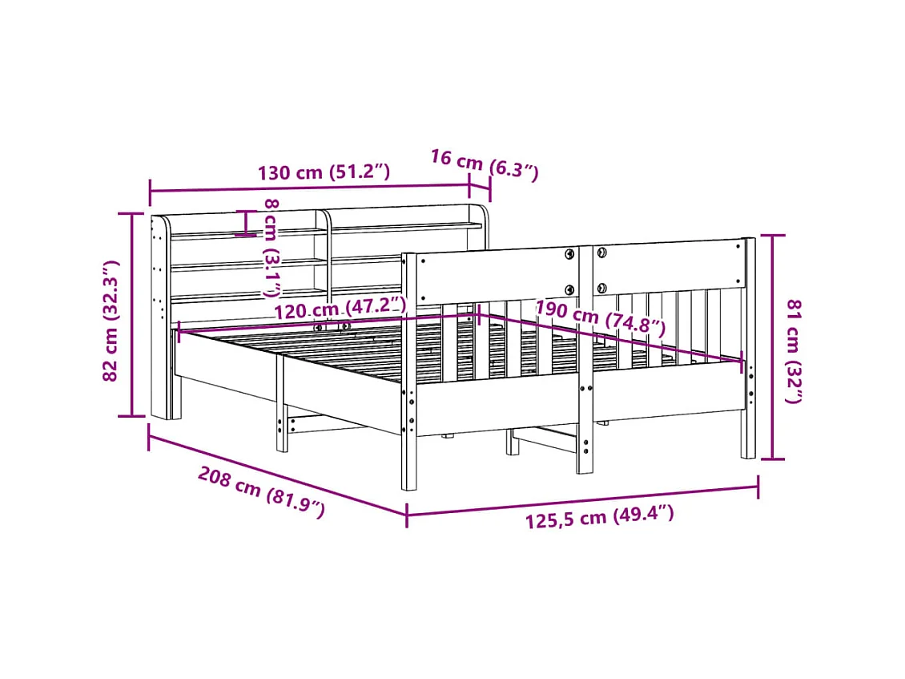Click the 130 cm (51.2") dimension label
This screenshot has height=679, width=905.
coord(324,172)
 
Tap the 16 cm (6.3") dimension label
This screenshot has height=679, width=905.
coord(484,164)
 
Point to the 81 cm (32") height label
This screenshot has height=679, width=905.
coord(794,350)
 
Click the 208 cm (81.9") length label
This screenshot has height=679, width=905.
coord(261,491)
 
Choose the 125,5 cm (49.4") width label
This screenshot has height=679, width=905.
coord(599,517)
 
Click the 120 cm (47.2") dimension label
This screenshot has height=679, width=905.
coord(340,309)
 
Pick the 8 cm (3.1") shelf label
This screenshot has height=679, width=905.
coord(272,249)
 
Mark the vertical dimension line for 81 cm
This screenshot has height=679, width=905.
coord(772,346)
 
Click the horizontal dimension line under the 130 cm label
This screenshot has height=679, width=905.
coord(309,189)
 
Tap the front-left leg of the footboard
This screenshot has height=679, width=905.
coord(408,457)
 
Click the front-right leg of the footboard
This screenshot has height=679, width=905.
coord(748,433)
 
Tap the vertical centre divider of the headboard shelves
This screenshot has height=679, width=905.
coord(327,253)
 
